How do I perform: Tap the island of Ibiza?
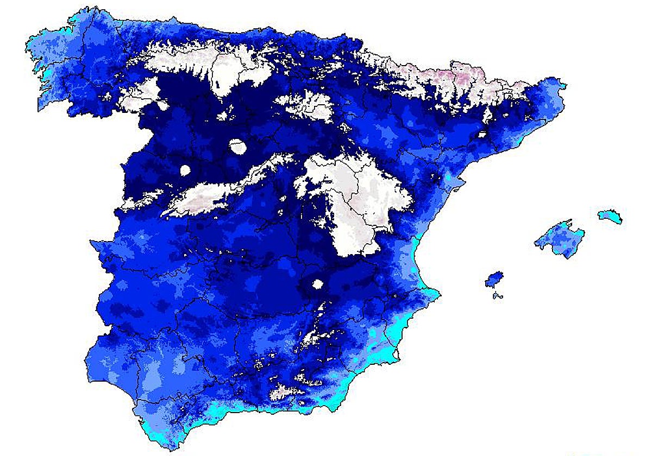[494, 279]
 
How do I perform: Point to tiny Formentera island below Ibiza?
[497, 296]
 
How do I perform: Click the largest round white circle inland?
[237, 146]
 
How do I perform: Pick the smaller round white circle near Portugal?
[185, 170]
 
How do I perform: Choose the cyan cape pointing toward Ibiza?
[435, 295]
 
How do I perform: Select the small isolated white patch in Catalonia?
[480, 134]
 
